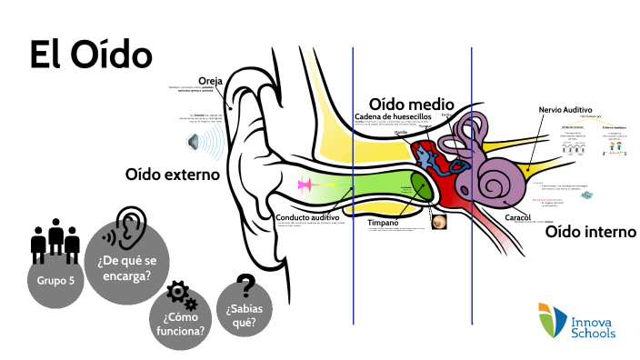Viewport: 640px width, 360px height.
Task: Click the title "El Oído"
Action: click(91, 54)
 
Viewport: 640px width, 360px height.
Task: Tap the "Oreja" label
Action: click(210, 80)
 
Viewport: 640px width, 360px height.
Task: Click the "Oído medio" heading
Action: click(411, 103)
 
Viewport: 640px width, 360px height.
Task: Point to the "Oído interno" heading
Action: click(590, 232)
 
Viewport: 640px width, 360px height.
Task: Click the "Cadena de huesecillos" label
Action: click(399, 117)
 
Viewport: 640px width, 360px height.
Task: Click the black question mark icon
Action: click(244, 285)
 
